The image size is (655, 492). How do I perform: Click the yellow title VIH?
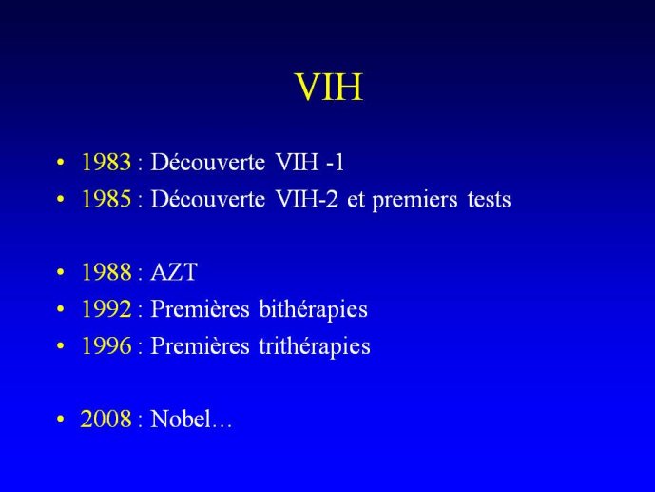coord(329,87)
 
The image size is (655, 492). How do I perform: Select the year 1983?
coord(106,162)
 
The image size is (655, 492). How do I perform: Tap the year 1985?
coord(106,199)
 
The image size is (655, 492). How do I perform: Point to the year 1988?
coord(106,272)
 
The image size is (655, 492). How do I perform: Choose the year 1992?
coord(106,309)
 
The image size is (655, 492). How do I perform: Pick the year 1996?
coord(106,345)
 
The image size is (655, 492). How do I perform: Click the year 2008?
coord(106,419)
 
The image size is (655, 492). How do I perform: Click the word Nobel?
coord(181,419)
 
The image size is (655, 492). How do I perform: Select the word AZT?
coord(174,272)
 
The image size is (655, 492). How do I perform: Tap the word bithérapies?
coord(314,309)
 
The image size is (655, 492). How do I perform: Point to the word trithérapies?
coord(315,346)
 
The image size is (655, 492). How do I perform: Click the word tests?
coord(490,200)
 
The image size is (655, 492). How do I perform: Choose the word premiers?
coord(414,200)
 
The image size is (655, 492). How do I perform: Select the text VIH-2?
coord(307,199)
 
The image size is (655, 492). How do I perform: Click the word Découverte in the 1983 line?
coord(207,162)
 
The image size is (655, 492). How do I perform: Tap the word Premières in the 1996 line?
coord(200,346)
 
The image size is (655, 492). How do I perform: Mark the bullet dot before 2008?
coord(61,419)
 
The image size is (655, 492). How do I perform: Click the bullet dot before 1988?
coord(61,272)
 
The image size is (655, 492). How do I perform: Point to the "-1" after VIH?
coord(335,162)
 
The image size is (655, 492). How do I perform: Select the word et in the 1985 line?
coord(356,200)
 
